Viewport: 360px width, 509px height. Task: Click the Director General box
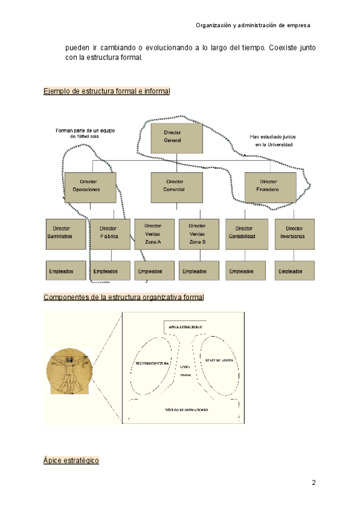[x=176, y=136]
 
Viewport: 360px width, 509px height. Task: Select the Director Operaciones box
[x=90, y=185]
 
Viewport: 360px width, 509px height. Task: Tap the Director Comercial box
[x=176, y=185]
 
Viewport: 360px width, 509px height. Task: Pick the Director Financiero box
[x=271, y=185]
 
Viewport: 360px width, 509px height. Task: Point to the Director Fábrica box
[x=110, y=233]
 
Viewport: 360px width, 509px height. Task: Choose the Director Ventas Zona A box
[x=154, y=233]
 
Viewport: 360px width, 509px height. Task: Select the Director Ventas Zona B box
[x=199, y=233]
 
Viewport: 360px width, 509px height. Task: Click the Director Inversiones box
[x=294, y=233]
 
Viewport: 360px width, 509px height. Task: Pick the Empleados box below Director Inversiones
[x=294, y=271]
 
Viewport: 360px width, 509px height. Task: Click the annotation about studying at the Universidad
[x=273, y=140]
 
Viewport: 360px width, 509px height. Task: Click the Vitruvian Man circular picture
[x=68, y=372]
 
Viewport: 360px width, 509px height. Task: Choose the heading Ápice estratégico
[x=71, y=460]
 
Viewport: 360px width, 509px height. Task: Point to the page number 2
[x=313, y=483]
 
